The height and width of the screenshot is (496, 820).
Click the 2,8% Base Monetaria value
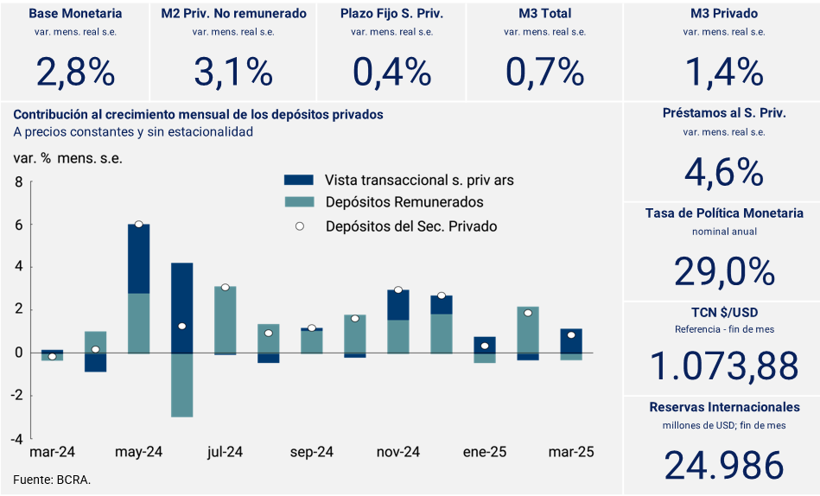point(75,72)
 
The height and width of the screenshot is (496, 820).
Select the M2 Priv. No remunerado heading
point(233,14)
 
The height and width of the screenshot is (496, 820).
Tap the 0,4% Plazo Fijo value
point(391,72)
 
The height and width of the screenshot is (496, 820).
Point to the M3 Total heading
point(544,14)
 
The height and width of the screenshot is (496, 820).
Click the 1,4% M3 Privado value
point(723,72)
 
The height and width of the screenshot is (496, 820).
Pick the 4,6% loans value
point(723,172)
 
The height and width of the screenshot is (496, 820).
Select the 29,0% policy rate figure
point(723,272)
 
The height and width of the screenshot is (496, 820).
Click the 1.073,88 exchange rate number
point(723,367)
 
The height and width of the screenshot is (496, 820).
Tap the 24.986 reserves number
point(723,466)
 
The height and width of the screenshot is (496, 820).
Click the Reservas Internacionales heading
point(723,406)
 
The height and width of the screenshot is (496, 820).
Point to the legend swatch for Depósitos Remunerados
point(298,202)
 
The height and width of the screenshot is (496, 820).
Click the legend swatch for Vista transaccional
point(298,180)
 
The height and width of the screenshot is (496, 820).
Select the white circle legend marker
point(299,226)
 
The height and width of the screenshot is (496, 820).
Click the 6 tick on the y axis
point(18,225)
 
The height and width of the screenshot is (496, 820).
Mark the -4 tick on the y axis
point(16,438)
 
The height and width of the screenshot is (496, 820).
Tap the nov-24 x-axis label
point(398,452)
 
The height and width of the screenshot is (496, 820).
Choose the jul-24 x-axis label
point(225,452)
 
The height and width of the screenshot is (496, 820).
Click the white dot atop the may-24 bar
point(138,225)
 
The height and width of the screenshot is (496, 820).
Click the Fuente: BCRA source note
point(52,479)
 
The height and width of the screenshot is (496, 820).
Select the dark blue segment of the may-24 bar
point(138,259)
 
